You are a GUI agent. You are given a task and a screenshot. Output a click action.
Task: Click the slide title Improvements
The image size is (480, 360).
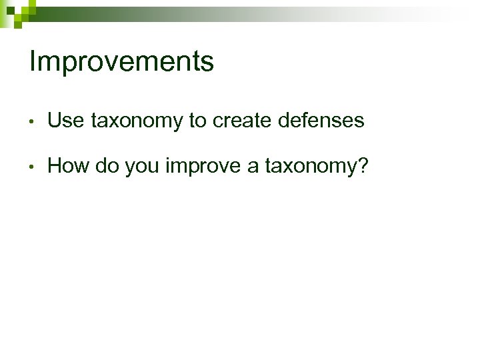click(121, 62)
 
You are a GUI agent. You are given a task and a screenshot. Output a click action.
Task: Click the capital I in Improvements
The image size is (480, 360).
click(33, 61)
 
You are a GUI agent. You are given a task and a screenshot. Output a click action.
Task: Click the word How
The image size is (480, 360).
click(69, 165)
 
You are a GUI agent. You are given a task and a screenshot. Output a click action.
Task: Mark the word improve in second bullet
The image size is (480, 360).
click(203, 167)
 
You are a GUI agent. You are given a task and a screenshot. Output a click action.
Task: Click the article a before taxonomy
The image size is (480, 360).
click(253, 167)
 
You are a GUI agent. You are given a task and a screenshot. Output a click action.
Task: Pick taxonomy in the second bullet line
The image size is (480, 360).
click(310, 167)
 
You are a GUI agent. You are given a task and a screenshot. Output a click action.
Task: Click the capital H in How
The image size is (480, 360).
click(56, 165)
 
